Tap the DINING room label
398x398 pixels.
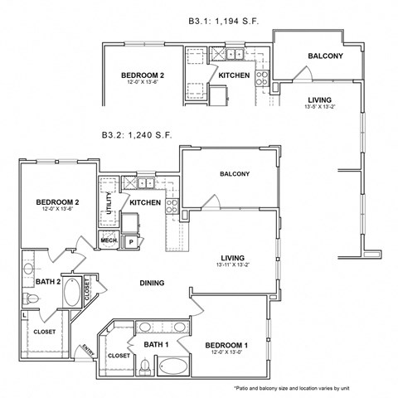click(151, 283)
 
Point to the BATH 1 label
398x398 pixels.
click(156, 343)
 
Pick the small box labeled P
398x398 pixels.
click(130, 241)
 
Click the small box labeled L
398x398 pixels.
click(25, 314)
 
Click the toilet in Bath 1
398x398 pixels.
click(144, 366)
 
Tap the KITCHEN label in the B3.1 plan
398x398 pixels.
click(234, 76)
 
